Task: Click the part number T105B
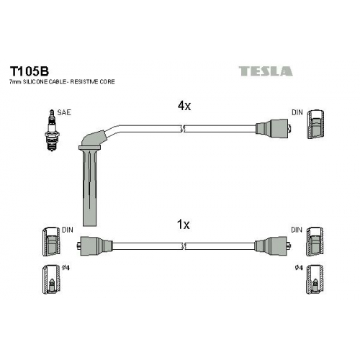click(29, 71)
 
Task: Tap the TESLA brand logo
click(266, 71)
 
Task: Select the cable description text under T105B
click(62, 82)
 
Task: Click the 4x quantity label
click(184, 106)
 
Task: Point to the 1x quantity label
click(183, 225)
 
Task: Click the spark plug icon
click(51, 130)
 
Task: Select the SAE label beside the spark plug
click(64, 112)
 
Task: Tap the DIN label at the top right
click(297, 112)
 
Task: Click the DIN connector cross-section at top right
click(315, 125)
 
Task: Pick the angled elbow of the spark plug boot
click(94, 139)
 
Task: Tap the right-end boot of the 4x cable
click(274, 129)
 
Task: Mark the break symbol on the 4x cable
click(183, 129)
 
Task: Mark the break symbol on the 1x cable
click(184, 246)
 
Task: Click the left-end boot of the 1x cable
click(95, 246)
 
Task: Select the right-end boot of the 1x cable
click(273, 246)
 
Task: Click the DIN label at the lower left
click(68, 230)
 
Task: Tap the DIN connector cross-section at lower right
click(315, 242)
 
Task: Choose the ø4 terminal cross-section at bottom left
click(51, 279)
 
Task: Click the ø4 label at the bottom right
click(300, 268)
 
